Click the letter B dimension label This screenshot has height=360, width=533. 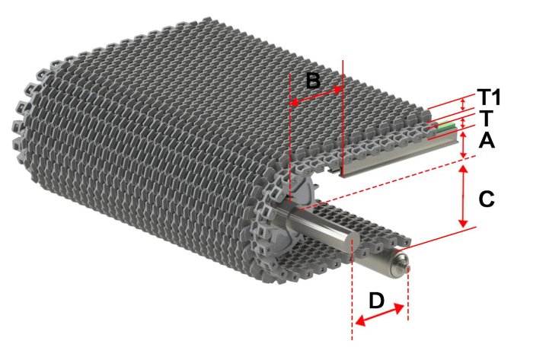point(313,81)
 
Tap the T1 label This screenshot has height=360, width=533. point(489,97)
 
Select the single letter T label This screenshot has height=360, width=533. point(486,118)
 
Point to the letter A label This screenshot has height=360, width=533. point(487,140)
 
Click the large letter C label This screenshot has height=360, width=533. point(486,199)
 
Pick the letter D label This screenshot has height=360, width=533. point(376,301)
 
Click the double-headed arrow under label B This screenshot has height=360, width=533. point(316,96)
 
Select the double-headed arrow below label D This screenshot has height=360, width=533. point(379,315)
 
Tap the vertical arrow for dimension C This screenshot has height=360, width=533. point(463,196)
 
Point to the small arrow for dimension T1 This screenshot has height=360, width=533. point(462,104)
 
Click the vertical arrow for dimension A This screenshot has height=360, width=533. point(463,145)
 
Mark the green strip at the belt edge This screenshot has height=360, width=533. point(445,126)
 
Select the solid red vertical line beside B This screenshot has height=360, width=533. point(343,119)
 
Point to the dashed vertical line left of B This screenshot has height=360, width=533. point(289,139)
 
